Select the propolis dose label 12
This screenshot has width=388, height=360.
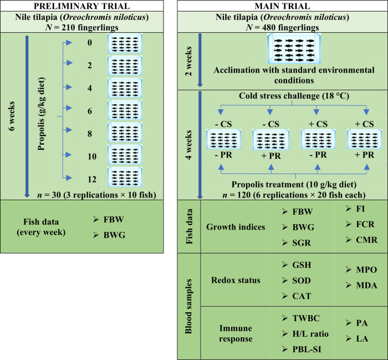[90, 178]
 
